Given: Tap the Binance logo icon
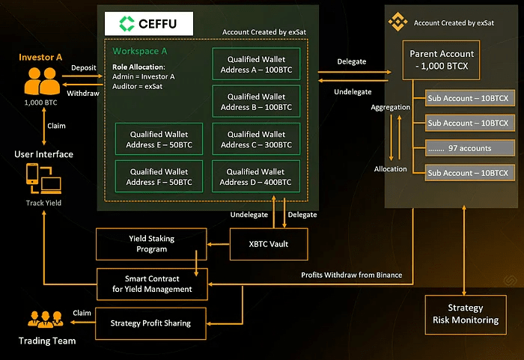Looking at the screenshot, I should pos(397,23).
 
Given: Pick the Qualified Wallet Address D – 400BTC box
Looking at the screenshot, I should pos(256,177).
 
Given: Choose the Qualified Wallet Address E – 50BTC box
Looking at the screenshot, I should pos(159,139).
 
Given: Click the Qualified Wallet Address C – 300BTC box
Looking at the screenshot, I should pos(256,139).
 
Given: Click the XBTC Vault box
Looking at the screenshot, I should pos(268,244).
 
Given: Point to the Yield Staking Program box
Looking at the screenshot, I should pos(151,244).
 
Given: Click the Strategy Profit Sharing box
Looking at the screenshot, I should pos(150,323).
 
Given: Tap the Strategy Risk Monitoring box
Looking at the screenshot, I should pos(465,314).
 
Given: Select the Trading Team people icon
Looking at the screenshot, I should pos(46,320).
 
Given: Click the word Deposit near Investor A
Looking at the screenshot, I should pos(83,67).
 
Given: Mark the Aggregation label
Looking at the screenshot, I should pos(391,107).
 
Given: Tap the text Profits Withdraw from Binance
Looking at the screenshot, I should pos(351,275).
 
